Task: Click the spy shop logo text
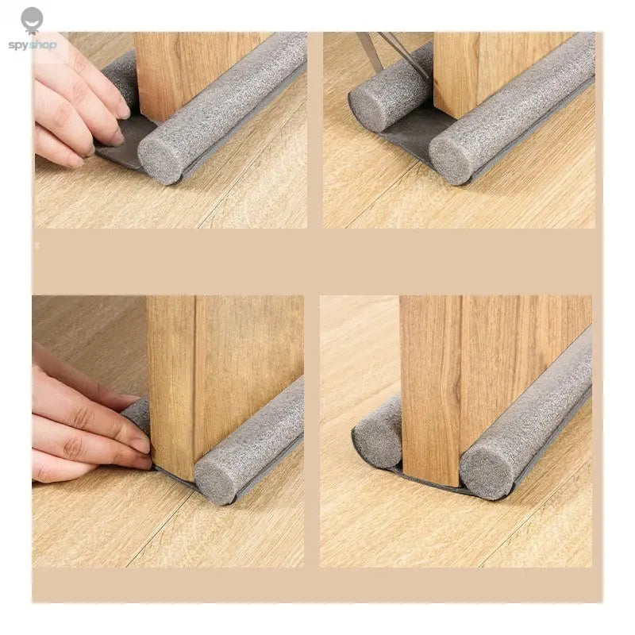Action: pyautogui.click(x=33, y=45)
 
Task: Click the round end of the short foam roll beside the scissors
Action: pyautogui.click(x=368, y=110)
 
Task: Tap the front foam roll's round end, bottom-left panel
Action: pyautogui.click(x=214, y=479)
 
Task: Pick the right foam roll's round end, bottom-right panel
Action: pyautogui.click(x=481, y=473)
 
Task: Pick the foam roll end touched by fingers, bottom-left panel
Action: pyautogui.click(x=137, y=414)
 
